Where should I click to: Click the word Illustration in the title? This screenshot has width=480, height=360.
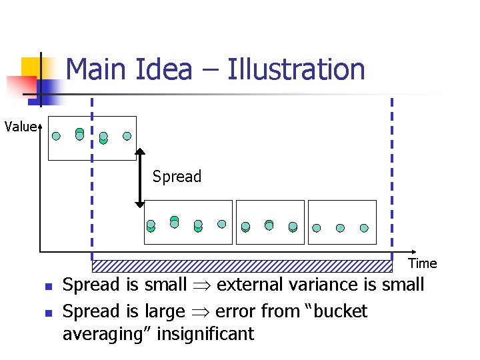point(296,69)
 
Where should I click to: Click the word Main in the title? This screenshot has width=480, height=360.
point(94,69)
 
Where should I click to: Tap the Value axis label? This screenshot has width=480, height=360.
point(21,126)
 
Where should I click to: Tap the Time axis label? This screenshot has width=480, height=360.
point(423,263)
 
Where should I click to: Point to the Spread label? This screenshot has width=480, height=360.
point(177,177)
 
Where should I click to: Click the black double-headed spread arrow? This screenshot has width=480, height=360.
point(140,177)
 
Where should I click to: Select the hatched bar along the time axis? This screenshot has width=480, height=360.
point(241,266)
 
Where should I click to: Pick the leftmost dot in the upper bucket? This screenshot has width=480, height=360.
point(56,136)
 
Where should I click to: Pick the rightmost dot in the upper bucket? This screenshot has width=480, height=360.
point(127,136)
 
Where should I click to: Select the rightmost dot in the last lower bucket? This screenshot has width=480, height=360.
point(364,228)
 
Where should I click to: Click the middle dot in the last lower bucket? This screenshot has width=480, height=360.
point(340,228)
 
